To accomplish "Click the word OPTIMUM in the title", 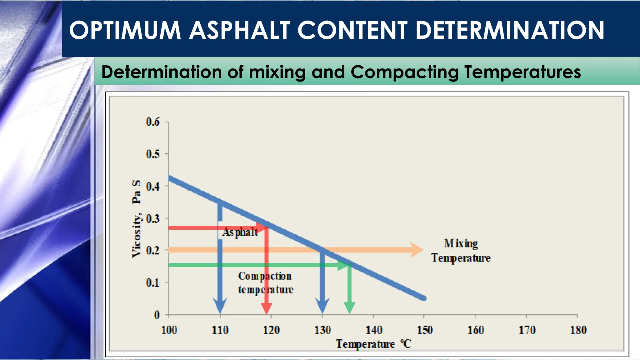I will pos(125,30).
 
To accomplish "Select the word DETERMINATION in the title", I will pos(510,30).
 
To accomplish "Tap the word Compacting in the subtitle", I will pos(405,72).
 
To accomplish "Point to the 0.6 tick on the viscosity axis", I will pos(153,122).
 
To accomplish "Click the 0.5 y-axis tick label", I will pos(153,154).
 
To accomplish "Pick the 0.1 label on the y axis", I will pos(153,282).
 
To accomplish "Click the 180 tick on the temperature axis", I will pos(578,330).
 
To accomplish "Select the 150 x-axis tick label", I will pos(425,330).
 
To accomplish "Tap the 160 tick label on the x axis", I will pos(476,330).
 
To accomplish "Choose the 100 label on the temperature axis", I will pos(169,330).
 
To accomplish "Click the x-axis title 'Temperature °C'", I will pos(373,344).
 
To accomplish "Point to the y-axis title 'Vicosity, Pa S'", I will pos(137,219).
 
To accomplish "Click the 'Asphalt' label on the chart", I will pos(240,232).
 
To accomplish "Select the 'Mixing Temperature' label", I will pos(461,251).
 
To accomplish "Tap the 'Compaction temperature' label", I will pos(266,283).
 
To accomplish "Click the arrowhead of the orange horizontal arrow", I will pos(417,250).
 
